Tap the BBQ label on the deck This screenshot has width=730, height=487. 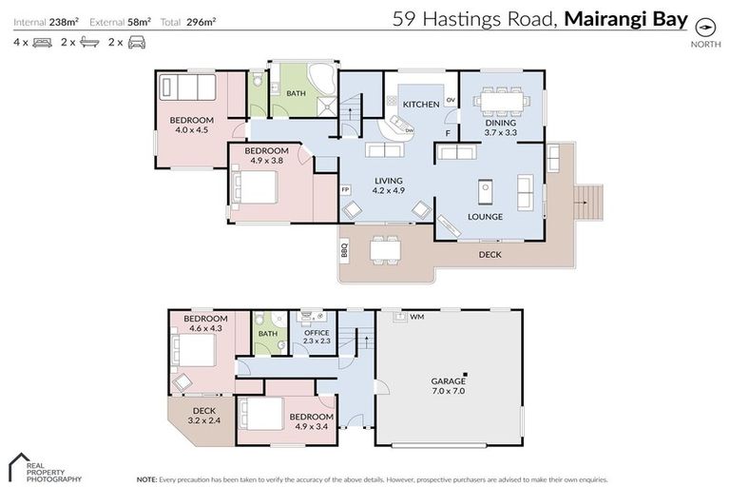click(344, 251)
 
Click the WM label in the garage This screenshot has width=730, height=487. click(416, 317)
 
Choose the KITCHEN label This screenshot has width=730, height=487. click(420, 104)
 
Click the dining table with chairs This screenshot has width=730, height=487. click(501, 99)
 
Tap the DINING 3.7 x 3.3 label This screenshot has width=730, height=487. click(500, 127)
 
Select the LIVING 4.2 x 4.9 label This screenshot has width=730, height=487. click(389, 185)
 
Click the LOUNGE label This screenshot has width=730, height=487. click(485, 217)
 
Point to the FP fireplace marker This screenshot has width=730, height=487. click(346, 189)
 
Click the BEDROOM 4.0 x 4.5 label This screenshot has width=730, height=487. click(192, 125)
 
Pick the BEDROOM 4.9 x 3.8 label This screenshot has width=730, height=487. click(266, 156)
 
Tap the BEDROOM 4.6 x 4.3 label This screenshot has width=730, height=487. click(205, 323)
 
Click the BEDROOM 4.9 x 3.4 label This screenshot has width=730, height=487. click(311, 421)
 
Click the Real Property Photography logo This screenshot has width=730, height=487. click(44, 467)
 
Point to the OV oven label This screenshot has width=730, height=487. click(451, 100)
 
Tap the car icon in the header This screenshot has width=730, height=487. click(138, 42)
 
